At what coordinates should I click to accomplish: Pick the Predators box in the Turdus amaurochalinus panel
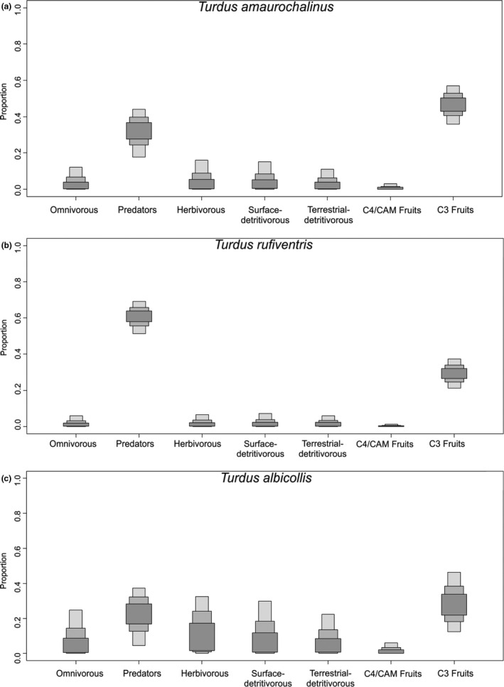pyautogui.click(x=139, y=131)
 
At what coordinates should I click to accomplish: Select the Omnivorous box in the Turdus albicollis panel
pyautogui.click(x=76, y=644)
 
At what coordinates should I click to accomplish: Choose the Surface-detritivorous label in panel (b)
pyautogui.click(x=266, y=449)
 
